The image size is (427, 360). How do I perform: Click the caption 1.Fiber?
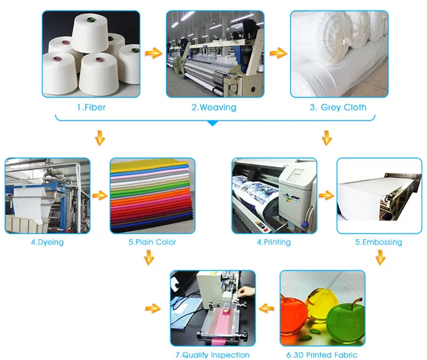91,107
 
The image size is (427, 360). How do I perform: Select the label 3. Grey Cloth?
338,107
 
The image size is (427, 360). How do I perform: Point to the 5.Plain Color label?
152,242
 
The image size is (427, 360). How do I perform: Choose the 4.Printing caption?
274,242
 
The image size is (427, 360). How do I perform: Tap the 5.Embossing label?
378,242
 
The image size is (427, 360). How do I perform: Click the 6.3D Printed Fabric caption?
323,355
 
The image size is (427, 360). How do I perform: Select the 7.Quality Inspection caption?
212,355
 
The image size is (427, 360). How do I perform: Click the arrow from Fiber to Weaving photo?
153,54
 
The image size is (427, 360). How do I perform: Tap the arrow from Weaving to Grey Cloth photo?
278,53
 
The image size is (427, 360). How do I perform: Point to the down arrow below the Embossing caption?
380,257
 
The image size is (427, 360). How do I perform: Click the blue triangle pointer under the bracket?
213,123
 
